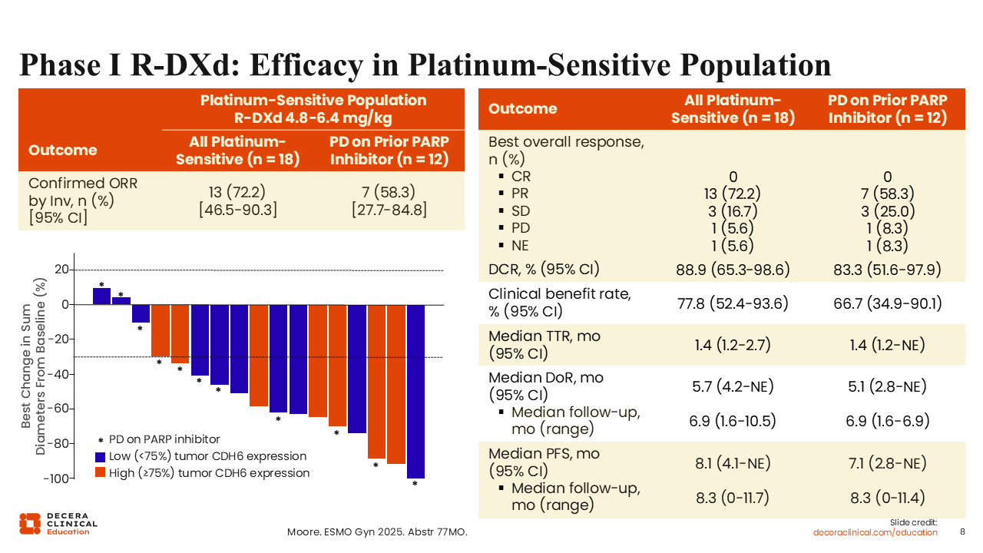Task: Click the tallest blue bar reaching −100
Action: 415,391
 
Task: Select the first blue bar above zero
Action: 101,296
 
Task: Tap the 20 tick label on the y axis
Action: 61,270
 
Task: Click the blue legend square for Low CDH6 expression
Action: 100,456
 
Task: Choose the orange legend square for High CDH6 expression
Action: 100,473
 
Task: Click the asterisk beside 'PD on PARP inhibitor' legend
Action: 101,440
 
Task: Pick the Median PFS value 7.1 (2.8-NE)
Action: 887,463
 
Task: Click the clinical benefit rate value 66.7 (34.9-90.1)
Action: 887,303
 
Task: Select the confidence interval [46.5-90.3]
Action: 237,210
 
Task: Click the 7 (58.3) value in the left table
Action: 389,192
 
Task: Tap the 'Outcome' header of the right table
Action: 523,109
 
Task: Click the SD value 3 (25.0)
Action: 887,211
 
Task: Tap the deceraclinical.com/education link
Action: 875,532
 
